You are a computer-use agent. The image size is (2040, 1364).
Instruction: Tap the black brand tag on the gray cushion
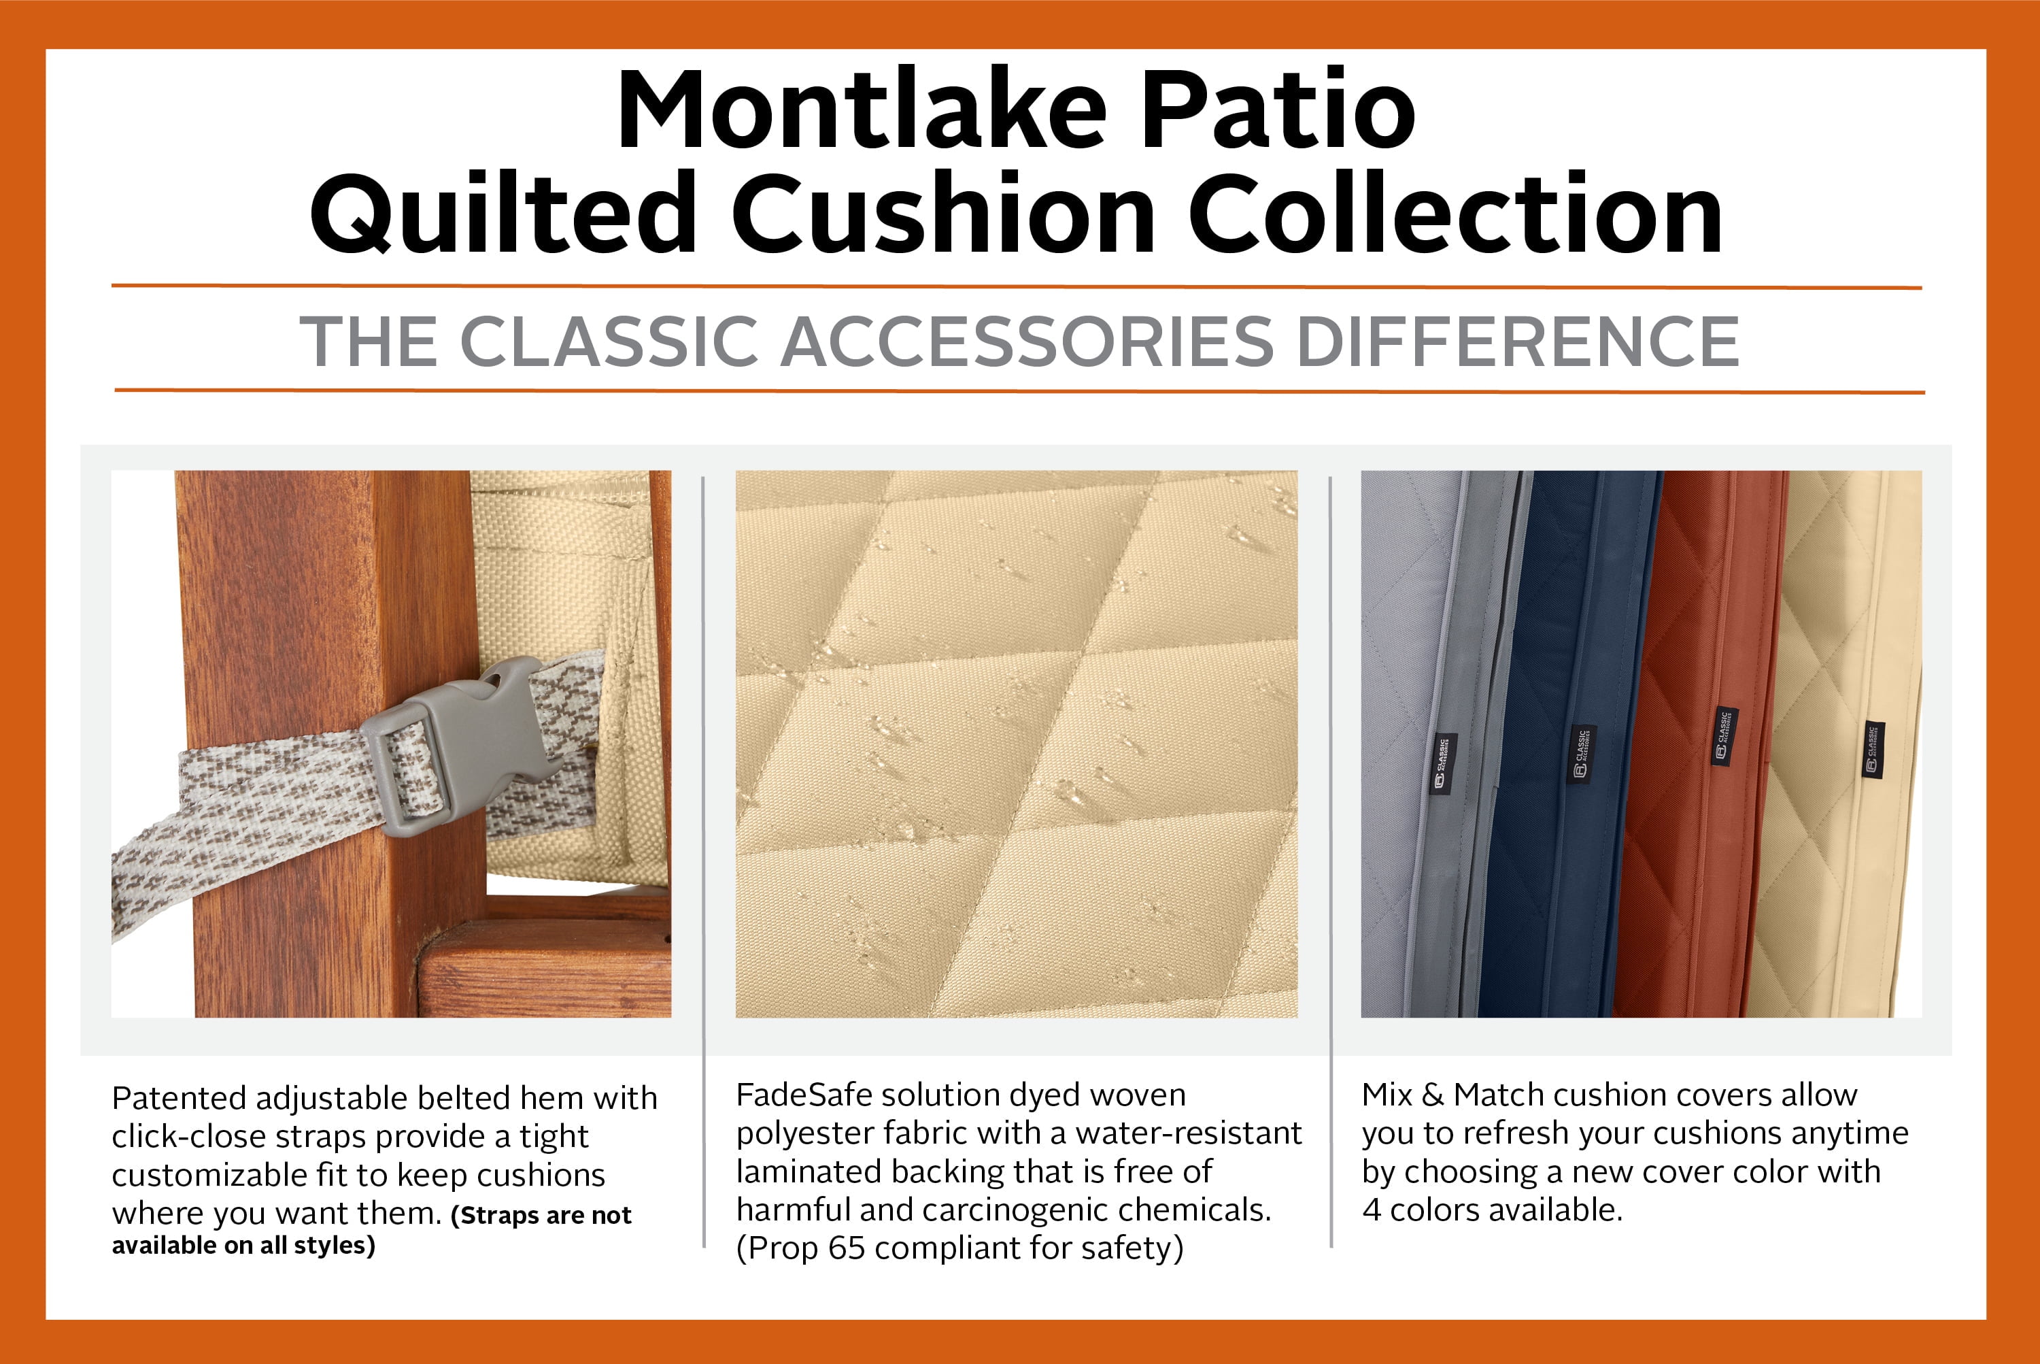coord(1444,765)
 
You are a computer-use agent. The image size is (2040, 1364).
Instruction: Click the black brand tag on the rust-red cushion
coord(1724,737)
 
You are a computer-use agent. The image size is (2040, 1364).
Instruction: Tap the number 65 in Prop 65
coord(846,1248)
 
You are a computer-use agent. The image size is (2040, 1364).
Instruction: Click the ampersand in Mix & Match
coord(1432,1095)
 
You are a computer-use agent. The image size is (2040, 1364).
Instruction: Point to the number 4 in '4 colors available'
coord(1372,1210)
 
